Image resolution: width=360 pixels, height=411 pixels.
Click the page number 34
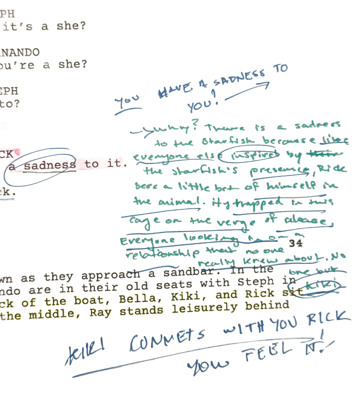[295, 243]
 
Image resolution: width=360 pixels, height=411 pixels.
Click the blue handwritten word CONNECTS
[169, 339]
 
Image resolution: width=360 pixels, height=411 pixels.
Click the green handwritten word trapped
[256, 203]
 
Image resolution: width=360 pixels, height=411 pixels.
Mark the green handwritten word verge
[233, 223]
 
